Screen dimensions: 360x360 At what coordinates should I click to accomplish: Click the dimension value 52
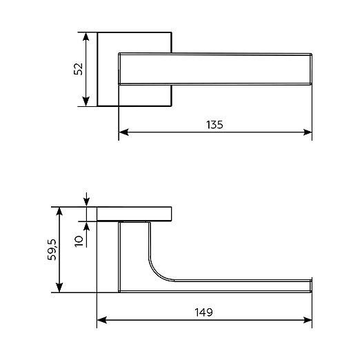click(x=79, y=68)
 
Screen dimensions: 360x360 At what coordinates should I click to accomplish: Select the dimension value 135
click(x=214, y=125)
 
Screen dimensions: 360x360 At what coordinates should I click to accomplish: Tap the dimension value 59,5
click(x=52, y=250)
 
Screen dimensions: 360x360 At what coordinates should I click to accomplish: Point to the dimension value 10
click(x=79, y=241)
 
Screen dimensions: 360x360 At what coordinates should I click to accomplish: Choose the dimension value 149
click(x=203, y=312)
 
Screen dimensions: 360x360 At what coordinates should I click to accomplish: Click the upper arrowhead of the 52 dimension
click(x=86, y=37)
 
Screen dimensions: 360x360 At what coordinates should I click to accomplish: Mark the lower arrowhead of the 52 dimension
click(x=86, y=102)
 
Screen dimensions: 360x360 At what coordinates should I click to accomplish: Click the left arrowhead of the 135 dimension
click(x=123, y=132)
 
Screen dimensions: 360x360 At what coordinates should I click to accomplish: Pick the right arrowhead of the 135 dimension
click(x=308, y=132)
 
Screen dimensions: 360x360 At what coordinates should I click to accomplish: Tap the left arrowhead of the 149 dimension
click(x=102, y=320)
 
